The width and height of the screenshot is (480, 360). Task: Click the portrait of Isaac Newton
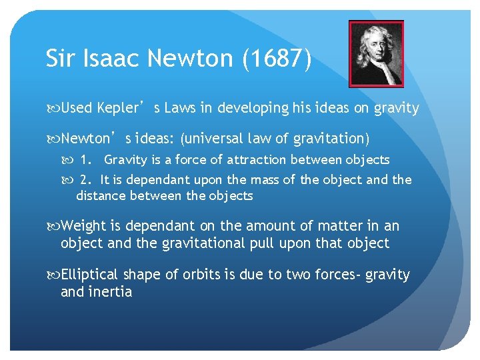coord(376,53)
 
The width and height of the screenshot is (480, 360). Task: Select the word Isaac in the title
coord(106,59)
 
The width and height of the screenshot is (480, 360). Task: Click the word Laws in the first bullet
coord(179,108)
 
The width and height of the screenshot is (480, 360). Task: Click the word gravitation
coord(327,139)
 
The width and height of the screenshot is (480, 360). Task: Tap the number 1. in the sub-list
coord(87,160)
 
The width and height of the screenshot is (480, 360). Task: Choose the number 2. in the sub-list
coord(87,180)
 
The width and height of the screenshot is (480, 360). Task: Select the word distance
coord(100,196)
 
